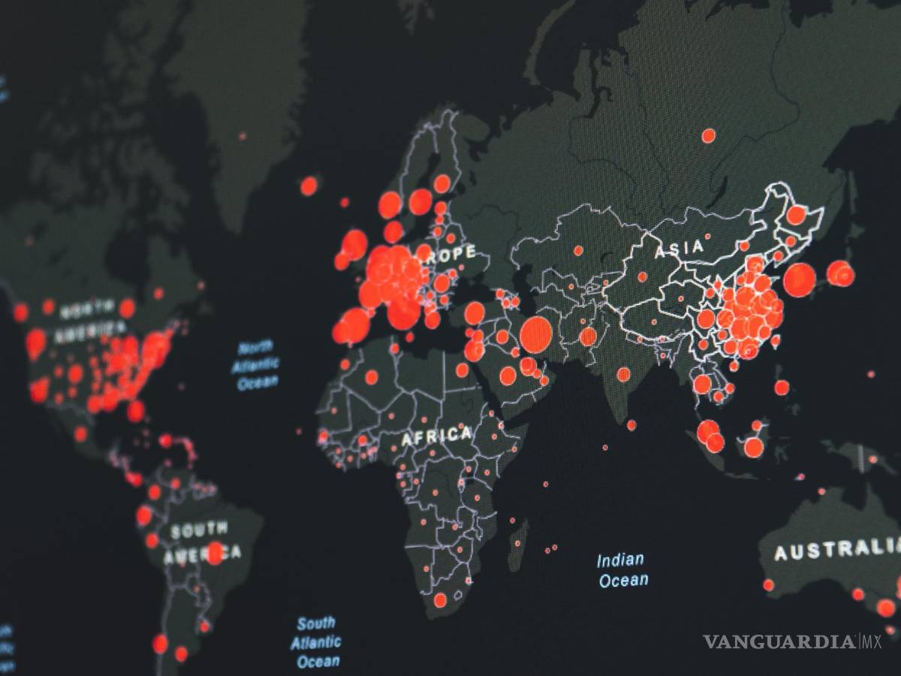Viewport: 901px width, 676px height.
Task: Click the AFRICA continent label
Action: click(436, 436)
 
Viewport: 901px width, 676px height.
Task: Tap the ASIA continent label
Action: click(680, 248)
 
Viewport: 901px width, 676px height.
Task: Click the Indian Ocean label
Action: click(622, 569)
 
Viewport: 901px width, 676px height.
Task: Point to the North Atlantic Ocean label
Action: click(257, 366)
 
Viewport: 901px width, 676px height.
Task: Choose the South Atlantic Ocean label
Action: click(316, 642)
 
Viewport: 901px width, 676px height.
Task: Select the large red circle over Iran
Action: click(536, 335)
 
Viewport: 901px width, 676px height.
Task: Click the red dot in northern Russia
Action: click(708, 136)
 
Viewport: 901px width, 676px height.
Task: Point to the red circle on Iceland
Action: click(309, 186)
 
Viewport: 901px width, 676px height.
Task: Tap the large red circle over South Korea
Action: click(799, 279)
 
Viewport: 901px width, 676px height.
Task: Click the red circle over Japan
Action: click(840, 273)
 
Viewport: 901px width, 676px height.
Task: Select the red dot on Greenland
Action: click(243, 136)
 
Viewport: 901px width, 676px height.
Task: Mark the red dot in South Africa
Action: click(440, 600)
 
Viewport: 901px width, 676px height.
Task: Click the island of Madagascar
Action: click(518, 535)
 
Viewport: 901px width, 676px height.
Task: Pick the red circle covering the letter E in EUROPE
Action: click(424, 252)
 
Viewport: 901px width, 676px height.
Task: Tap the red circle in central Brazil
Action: click(215, 553)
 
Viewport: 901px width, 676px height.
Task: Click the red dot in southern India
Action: click(631, 425)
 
